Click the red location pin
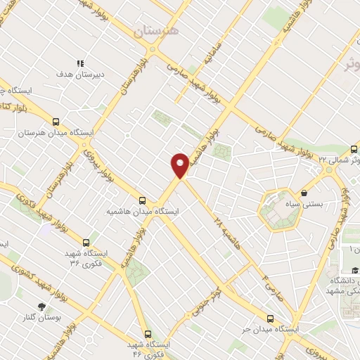180,165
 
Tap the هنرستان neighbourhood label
157,32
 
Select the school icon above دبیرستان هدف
80,63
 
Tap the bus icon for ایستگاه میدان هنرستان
56,121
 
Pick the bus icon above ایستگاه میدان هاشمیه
143,200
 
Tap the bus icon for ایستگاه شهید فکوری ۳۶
86,243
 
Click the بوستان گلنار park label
42,318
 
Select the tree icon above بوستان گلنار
41,306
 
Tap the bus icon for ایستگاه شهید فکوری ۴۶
147,333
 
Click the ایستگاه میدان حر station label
271,329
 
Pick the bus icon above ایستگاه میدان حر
271,318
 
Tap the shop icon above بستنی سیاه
304,193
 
